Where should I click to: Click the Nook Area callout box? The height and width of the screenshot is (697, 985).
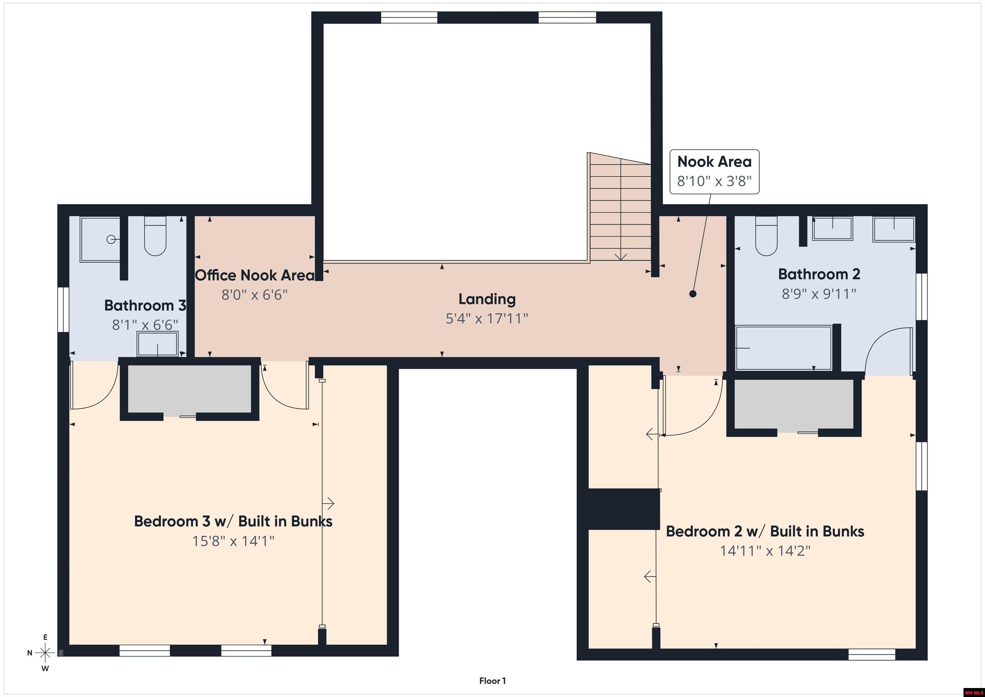coord(714,172)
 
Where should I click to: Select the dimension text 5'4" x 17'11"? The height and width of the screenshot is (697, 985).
coord(487,319)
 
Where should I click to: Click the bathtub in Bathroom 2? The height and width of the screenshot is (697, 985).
coord(783,348)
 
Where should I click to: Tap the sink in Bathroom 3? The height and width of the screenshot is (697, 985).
coord(157,344)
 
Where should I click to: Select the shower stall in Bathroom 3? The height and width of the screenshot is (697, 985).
coord(101,239)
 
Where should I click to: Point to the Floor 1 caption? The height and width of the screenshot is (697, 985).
coord(492,681)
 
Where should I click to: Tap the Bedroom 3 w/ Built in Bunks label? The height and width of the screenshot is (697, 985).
coord(233,521)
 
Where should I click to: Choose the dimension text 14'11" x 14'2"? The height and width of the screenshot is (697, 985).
coord(765,551)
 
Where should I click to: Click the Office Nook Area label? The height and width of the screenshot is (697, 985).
coord(255,275)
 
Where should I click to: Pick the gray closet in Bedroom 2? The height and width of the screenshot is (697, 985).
coord(794,404)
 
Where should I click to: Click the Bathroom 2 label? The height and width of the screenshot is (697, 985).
coord(819,274)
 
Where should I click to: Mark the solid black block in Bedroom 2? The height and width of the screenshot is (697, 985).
coord(623,509)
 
